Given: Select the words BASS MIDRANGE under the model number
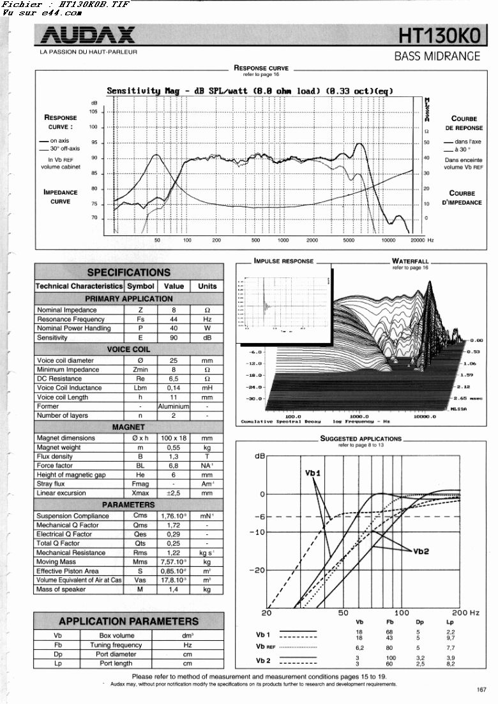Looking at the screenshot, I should pos(437,56).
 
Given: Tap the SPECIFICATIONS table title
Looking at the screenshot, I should pos(128,272).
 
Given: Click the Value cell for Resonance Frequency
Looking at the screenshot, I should pos(174,319).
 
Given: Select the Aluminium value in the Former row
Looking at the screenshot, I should pos(174,406).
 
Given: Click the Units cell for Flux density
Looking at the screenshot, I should pos(207,457).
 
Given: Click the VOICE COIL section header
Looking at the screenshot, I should pos(128,349).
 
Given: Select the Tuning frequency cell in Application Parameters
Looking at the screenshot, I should pos(117,645).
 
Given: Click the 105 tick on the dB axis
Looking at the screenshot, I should pos(93,112).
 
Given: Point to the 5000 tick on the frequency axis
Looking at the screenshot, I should pos(348,240).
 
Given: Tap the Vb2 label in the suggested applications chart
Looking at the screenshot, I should pos(421,550).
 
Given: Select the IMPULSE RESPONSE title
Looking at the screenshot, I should pos(284,261).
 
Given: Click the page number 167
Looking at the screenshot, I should pos(481,689).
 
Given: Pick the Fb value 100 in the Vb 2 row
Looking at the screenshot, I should pos(391,657).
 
